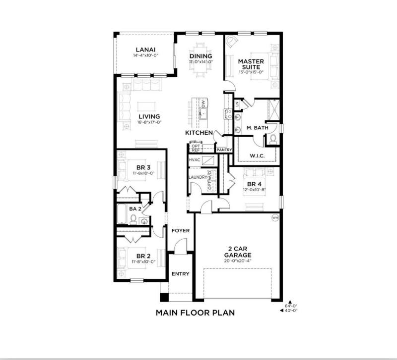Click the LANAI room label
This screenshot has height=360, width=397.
tap(145, 50)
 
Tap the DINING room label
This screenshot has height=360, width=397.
tap(201, 56)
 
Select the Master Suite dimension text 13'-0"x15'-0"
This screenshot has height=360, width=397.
tap(251, 72)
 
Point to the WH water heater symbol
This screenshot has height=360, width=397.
tap(275, 217)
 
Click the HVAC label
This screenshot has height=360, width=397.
tap(195, 160)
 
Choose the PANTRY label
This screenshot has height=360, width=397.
tap(224, 150)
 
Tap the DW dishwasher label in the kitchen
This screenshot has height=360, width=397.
tap(203, 103)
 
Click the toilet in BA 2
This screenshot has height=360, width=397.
tap(133, 219)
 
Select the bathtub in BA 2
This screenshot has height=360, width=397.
tap(122, 214)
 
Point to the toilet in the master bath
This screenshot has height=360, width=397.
tap(273, 139)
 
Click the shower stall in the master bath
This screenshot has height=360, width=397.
tap(273, 109)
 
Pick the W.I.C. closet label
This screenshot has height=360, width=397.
tap(257, 156)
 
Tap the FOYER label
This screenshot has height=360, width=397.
tap(181, 231)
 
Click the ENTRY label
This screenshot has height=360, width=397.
tap(181, 274)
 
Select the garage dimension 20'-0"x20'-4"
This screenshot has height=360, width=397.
tap(238, 261)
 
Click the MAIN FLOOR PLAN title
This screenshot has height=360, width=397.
tap(195, 313)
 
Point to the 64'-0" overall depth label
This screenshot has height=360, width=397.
tap(291, 306)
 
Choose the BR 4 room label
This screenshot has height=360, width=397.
tap(255, 184)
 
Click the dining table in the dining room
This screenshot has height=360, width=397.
tap(201, 60)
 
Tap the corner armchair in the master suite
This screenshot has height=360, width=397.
tap(232, 42)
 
